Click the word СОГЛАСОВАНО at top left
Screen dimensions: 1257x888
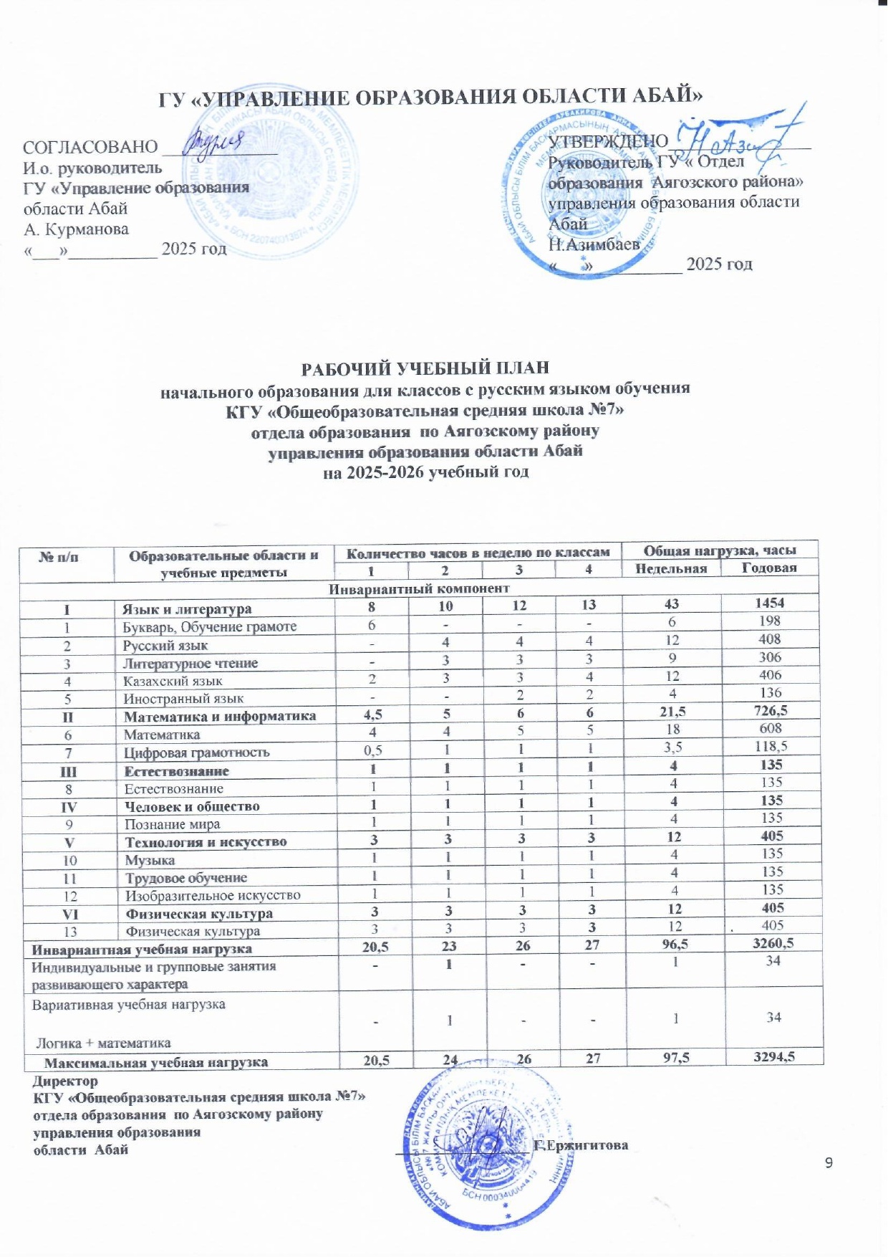90,147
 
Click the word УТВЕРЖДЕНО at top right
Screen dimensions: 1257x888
608,141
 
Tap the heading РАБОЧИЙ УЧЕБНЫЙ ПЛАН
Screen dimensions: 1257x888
425,368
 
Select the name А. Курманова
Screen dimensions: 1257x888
76,229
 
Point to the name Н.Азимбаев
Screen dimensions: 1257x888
594,244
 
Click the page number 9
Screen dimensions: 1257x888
829,1162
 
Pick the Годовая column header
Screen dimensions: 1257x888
769,568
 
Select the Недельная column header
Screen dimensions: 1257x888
671,568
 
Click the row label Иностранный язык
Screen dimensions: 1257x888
184,698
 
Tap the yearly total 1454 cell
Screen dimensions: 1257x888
769,603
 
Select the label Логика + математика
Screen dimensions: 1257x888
104,1043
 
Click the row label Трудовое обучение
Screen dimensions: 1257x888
186,878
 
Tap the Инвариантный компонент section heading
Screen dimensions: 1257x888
419,588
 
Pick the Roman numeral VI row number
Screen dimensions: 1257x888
69,914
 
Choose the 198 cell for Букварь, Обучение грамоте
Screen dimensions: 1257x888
770,621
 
